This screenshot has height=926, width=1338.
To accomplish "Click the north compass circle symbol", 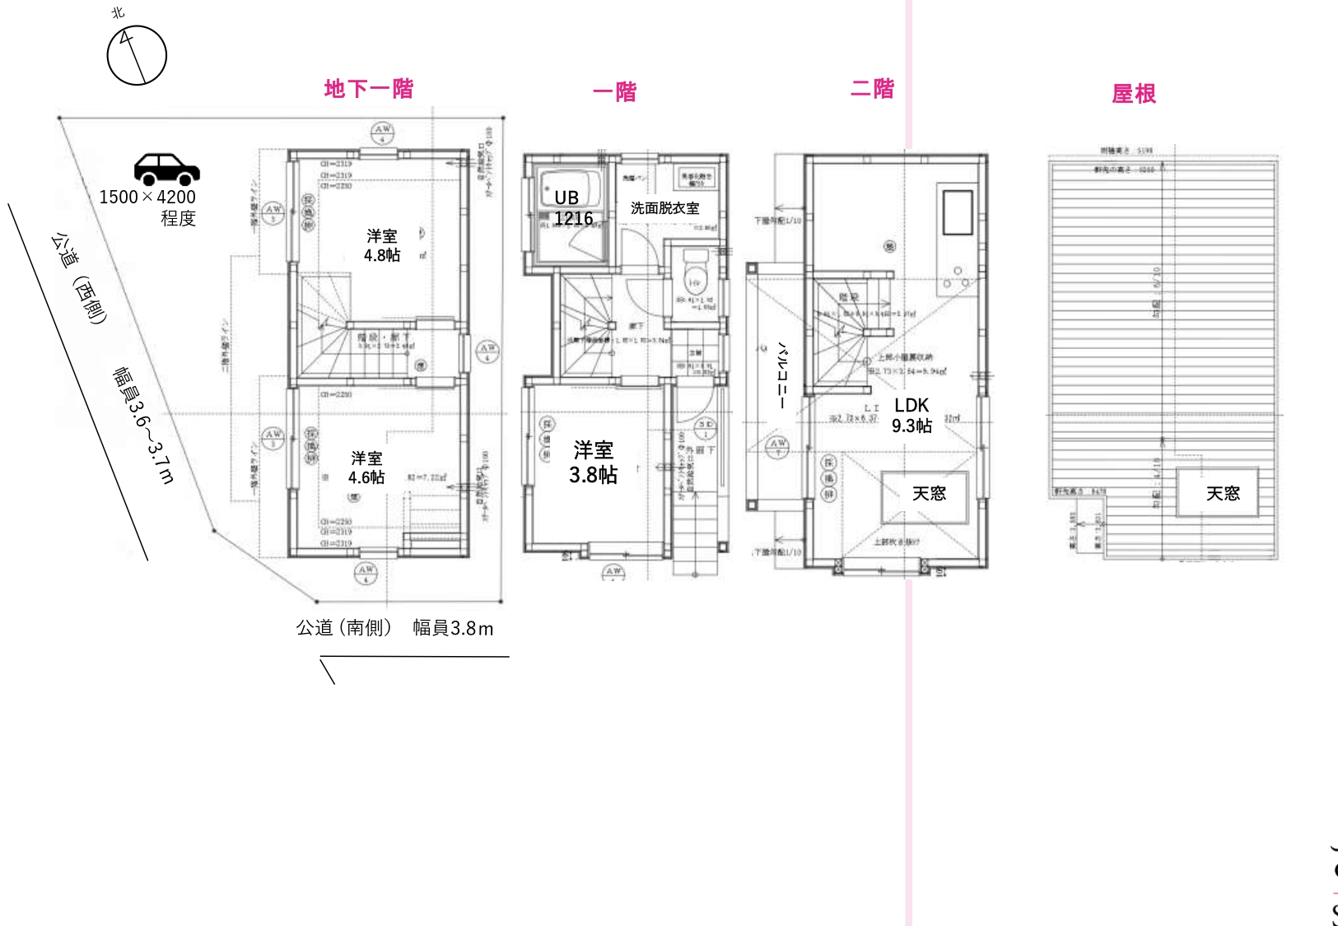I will click(x=137, y=55).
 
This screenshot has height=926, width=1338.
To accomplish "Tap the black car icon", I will click(x=166, y=169).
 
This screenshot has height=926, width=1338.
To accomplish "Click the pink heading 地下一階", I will click(x=368, y=89).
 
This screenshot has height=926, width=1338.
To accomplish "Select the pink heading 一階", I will click(x=614, y=92).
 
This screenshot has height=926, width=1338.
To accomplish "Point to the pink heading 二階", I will click(x=872, y=89).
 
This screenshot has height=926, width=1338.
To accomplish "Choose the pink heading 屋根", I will click(x=1133, y=94).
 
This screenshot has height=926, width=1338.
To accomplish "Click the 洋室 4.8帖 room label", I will click(x=382, y=245).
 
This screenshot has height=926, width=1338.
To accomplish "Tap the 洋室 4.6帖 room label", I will click(x=366, y=468).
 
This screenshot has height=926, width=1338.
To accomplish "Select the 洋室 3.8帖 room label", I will click(x=593, y=462).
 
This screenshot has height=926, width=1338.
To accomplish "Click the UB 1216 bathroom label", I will click(x=571, y=207).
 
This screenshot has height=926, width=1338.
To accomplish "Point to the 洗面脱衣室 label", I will click(x=664, y=208).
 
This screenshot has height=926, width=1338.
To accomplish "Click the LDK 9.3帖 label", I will click(x=911, y=415).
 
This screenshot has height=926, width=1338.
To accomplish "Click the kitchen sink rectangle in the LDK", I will click(x=957, y=212).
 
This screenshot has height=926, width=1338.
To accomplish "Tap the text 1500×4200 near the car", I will click(x=147, y=197).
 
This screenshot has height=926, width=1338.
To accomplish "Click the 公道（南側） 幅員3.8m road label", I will click(x=394, y=628).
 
